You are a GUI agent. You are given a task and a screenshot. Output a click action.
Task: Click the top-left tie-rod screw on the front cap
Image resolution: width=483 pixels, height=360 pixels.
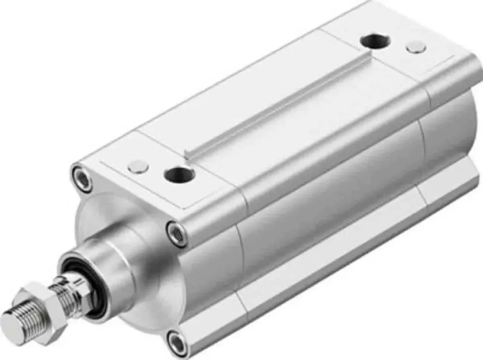84,179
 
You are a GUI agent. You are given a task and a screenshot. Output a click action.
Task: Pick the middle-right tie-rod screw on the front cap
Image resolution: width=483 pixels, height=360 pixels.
176,234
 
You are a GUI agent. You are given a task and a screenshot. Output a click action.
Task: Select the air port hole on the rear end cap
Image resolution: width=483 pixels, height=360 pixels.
375,42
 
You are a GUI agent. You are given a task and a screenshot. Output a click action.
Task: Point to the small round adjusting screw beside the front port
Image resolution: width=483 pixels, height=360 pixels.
138,167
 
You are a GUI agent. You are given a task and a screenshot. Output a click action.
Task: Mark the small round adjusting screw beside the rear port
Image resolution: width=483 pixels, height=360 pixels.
416,47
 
